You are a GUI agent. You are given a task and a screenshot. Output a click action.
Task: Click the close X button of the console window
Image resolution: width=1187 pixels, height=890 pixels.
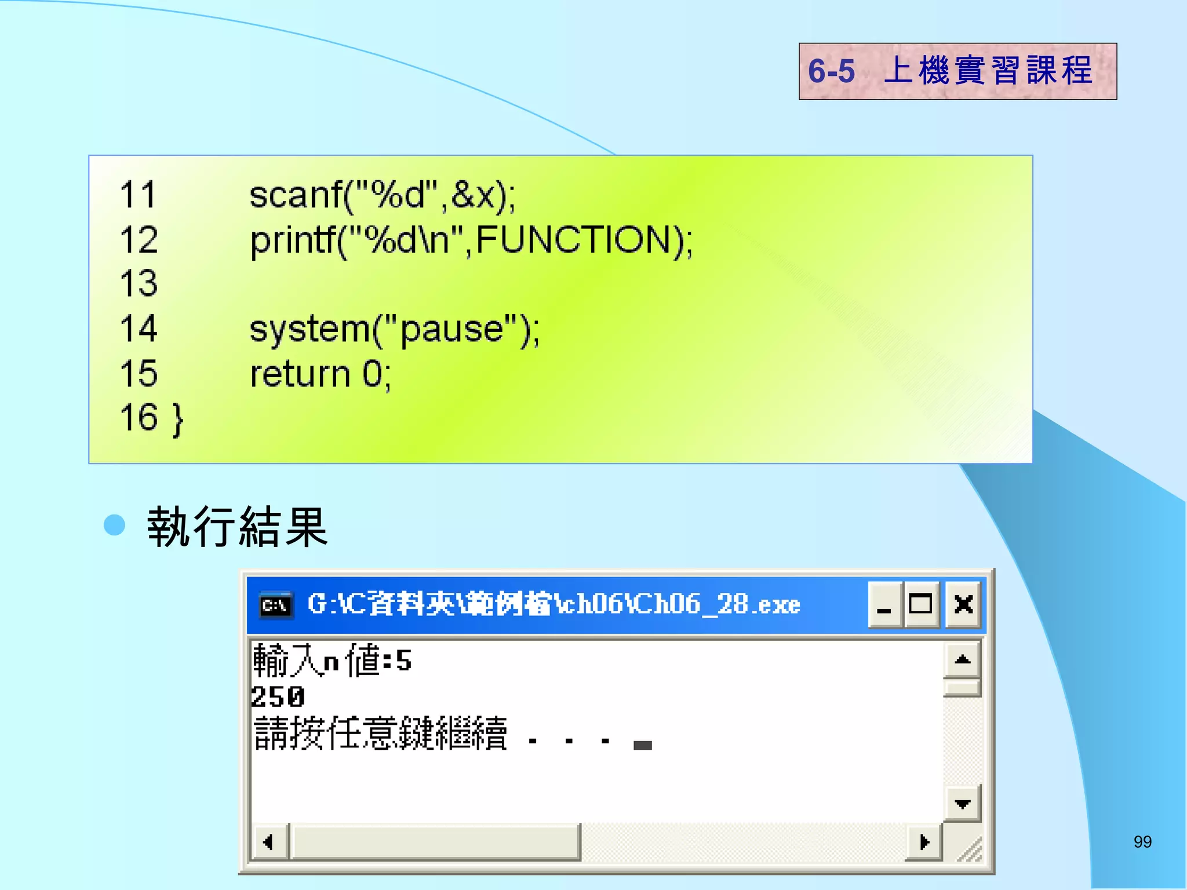[963, 604]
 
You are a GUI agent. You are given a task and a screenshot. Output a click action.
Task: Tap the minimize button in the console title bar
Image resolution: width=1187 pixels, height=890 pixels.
[884, 604]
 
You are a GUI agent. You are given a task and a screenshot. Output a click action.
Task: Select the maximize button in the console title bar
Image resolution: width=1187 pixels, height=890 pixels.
[921, 604]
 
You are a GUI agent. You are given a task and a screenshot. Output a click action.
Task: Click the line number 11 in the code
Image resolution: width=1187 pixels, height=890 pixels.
[138, 195]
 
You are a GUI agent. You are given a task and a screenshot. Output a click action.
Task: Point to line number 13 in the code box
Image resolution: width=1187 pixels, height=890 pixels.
[139, 283]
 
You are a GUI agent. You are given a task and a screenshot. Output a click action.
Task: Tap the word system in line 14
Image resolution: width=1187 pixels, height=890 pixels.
[310, 329]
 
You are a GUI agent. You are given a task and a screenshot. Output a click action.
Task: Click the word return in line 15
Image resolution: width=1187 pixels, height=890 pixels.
[300, 374]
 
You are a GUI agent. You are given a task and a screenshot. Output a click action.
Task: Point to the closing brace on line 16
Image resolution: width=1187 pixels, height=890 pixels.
[178, 419]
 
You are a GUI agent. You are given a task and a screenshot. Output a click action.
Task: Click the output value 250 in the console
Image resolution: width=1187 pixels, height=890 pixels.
[278, 696]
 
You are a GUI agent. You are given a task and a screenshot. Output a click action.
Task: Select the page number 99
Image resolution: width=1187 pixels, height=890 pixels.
[1142, 842]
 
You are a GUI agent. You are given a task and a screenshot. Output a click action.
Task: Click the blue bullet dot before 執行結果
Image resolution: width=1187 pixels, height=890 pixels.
[114, 525]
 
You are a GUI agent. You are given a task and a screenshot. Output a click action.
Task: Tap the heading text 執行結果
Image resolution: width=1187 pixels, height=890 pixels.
[238, 526]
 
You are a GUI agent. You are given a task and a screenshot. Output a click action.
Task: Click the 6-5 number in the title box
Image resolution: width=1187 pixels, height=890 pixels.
[831, 71]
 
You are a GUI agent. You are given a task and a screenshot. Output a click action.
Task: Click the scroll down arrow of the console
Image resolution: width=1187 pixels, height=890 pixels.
[962, 804]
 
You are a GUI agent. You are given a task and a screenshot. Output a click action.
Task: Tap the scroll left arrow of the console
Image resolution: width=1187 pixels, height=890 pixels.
[269, 842]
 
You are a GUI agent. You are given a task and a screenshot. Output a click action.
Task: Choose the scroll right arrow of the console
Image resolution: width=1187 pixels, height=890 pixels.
[924, 842]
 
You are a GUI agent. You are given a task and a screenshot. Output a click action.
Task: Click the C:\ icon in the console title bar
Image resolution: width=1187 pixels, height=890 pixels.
[275, 606]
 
